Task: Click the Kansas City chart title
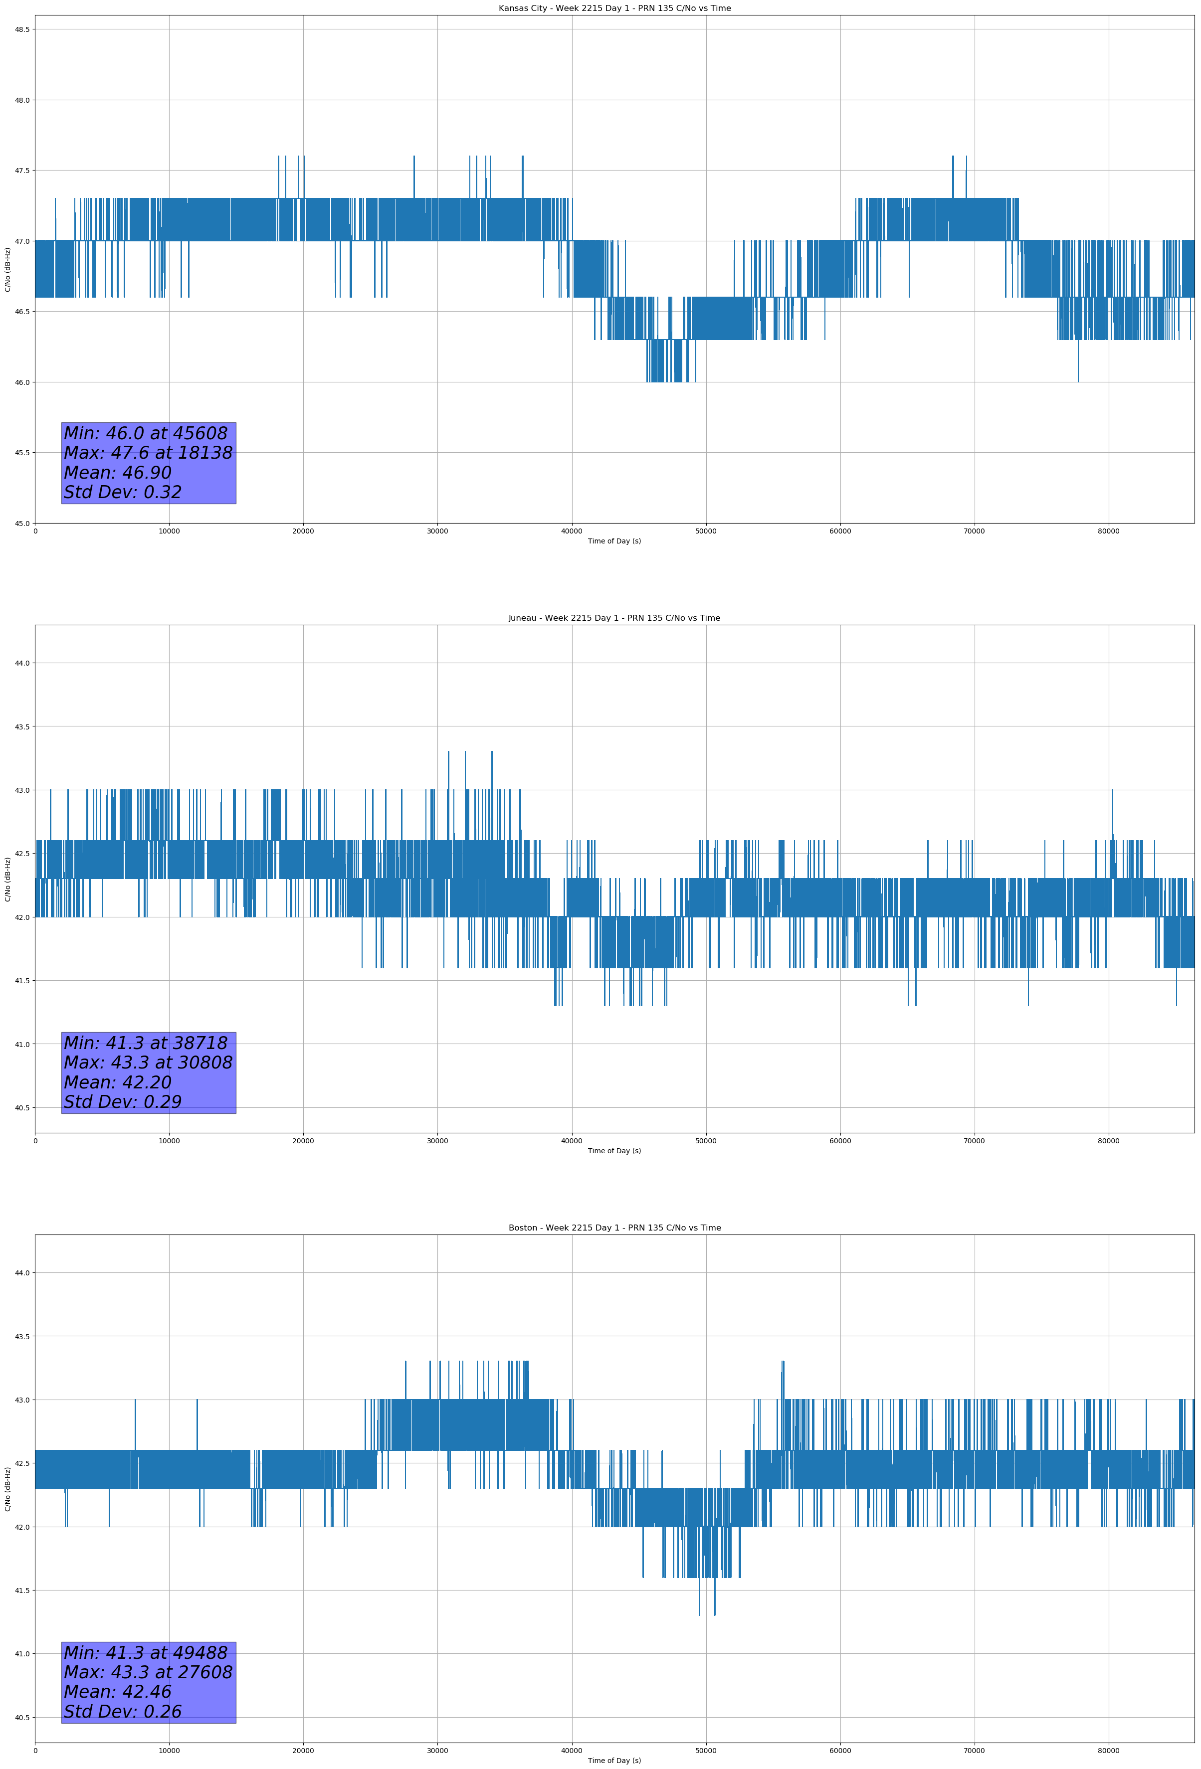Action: (x=614, y=8)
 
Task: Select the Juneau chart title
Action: (x=614, y=618)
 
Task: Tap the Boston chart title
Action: (x=614, y=1228)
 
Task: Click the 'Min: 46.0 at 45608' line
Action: (x=146, y=433)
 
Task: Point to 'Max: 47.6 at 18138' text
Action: (x=148, y=453)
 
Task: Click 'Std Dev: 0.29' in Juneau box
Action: (x=123, y=1101)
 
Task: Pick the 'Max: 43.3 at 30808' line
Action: (x=148, y=1062)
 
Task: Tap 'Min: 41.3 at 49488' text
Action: (x=146, y=1652)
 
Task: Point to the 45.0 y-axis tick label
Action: (x=22, y=523)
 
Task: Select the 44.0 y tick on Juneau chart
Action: (x=22, y=663)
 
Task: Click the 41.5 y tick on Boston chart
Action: (x=22, y=1590)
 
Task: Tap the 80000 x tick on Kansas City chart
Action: (x=1108, y=531)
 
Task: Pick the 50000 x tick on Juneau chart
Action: (x=705, y=1141)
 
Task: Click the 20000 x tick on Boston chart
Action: (x=303, y=1751)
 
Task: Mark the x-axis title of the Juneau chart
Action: (x=614, y=1151)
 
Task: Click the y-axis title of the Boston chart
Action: (x=7, y=1489)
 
